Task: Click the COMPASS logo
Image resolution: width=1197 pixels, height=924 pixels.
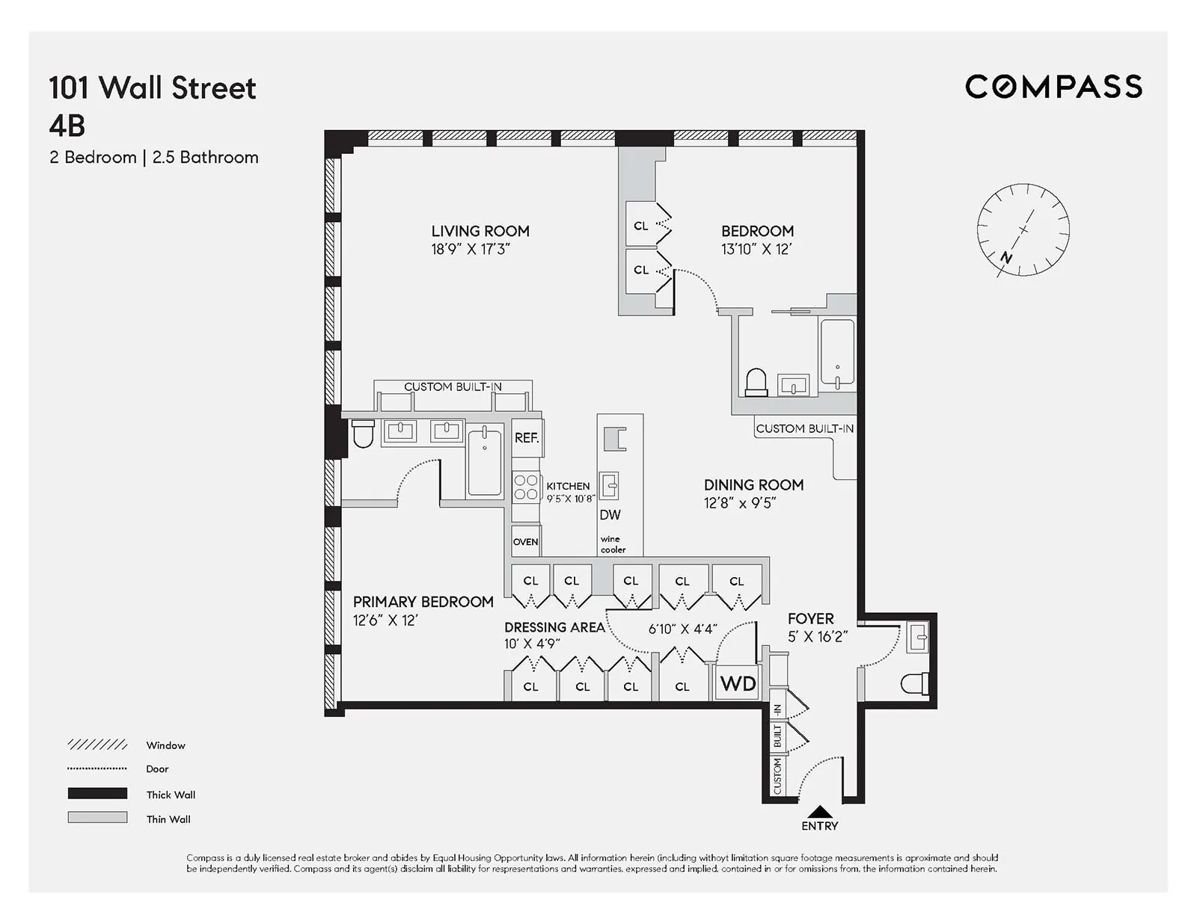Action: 1053,87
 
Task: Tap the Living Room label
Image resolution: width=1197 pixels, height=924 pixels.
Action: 480,231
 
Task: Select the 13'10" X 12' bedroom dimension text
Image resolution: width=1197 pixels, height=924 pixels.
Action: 756,250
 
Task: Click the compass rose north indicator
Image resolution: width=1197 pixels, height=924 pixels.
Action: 1007,258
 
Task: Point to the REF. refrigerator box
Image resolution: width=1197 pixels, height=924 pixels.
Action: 527,438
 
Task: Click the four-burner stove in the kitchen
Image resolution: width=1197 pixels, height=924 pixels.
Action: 526,487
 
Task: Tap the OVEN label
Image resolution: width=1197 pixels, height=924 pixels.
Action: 525,542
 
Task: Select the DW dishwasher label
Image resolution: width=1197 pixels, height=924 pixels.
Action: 610,514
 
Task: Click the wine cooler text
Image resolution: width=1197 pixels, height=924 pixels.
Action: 613,544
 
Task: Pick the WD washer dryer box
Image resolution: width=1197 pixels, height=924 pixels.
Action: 738,683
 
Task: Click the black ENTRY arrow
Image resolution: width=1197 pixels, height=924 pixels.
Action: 820,812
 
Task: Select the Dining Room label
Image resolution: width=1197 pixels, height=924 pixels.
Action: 753,484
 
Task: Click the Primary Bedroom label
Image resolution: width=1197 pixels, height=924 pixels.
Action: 423,602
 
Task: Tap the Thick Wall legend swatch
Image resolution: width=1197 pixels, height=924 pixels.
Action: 97,793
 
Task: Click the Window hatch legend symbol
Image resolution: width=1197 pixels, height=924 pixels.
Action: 97,745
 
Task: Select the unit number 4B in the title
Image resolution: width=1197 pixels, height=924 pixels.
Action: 67,126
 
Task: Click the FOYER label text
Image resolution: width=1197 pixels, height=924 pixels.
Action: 810,619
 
